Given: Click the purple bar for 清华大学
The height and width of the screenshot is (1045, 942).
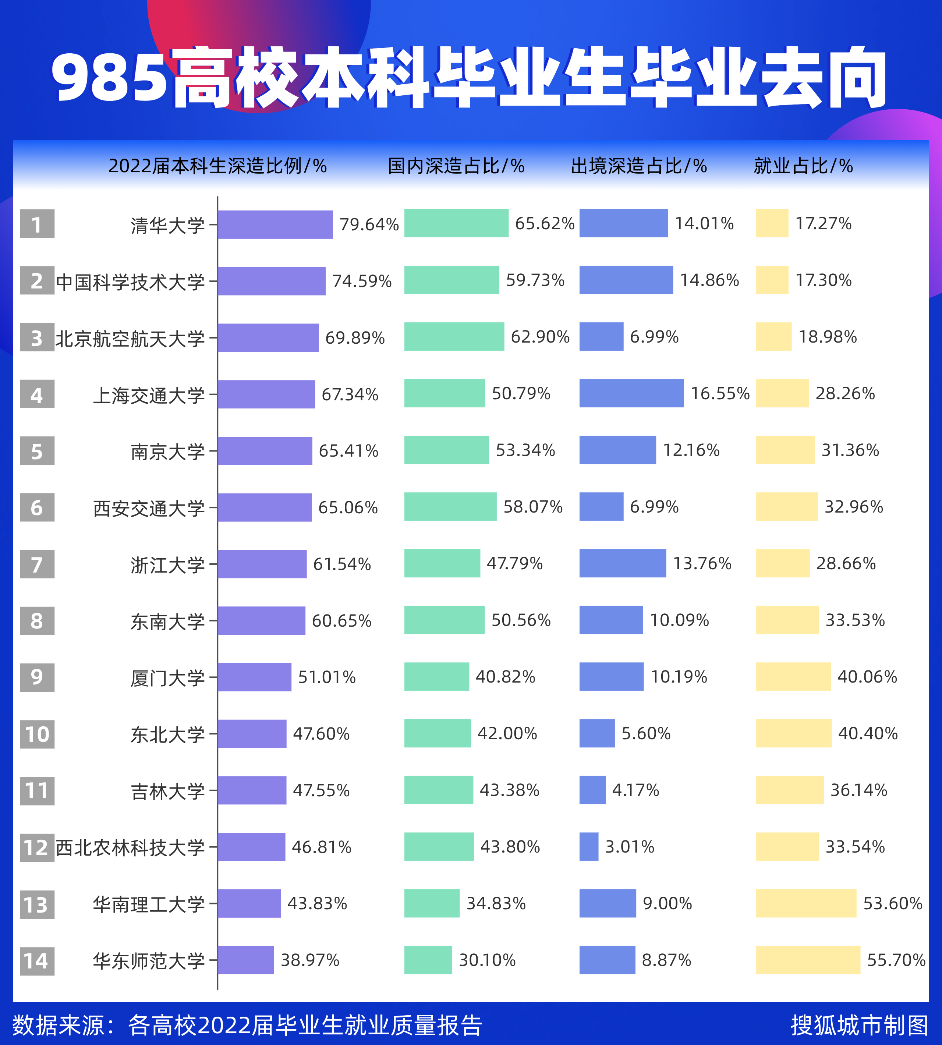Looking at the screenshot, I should click(275, 224).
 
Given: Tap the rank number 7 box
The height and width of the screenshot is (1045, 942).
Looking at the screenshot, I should click(37, 564).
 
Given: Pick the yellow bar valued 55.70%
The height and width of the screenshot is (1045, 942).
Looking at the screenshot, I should click(808, 960).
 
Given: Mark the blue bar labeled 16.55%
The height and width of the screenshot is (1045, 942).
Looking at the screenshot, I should click(631, 393).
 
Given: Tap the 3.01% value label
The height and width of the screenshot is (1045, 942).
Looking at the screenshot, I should click(629, 847).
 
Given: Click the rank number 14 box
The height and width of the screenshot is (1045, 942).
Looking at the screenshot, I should click(37, 961).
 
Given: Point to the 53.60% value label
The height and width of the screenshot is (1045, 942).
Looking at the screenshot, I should click(892, 904).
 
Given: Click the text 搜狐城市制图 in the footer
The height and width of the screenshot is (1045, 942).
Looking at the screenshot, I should click(859, 1025).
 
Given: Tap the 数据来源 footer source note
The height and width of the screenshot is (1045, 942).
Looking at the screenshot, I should click(247, 1025).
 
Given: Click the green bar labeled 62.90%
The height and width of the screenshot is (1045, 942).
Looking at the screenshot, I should click(454, 336).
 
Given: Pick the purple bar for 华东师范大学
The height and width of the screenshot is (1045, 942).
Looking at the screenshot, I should click(246, 960).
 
